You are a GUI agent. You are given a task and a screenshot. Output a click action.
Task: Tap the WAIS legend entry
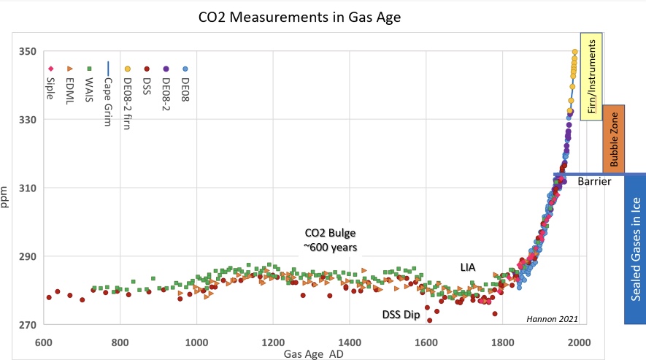pos(88,88)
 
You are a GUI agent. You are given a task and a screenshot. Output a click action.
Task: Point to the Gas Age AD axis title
pos(315,353)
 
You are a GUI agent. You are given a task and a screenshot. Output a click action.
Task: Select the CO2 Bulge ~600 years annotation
pos(330,240)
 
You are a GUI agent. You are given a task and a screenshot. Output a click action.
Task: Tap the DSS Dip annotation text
pos(402,315)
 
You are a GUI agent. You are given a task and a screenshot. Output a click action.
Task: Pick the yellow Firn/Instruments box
pos(591,76)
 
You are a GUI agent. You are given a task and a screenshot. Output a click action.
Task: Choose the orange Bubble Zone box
pos(613,139)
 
